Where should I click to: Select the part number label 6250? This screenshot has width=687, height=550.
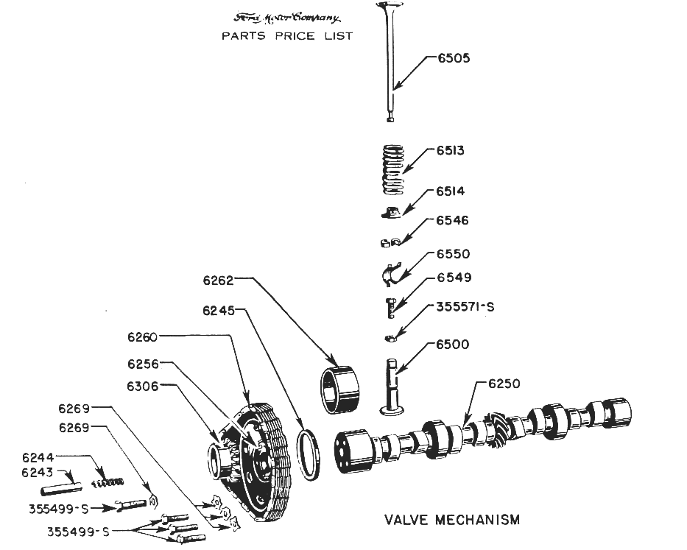point(504,384)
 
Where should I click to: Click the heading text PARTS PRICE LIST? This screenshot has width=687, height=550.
point(287,36)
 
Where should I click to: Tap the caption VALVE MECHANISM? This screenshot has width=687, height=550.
point(451,520)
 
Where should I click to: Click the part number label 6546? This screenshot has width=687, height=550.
point(452,220)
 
